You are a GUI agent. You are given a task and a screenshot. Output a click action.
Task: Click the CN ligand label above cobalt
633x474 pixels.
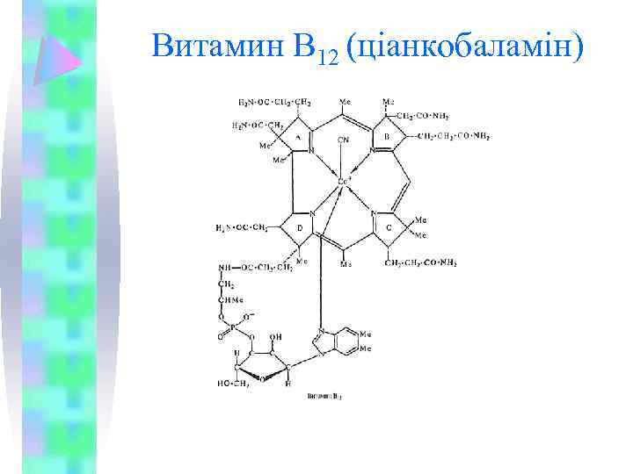tap(343, 139)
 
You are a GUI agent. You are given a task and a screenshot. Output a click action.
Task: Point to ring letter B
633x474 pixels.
tap(387, 137)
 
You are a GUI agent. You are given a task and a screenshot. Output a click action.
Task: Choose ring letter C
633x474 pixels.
tap(388, 226)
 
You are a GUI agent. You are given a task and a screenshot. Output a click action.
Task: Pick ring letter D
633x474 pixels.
tap(300, 226)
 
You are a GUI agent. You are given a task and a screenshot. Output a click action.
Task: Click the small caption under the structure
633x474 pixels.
tap(324, 397)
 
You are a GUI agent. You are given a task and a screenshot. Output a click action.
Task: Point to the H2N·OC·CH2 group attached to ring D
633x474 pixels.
tap(242, 228)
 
